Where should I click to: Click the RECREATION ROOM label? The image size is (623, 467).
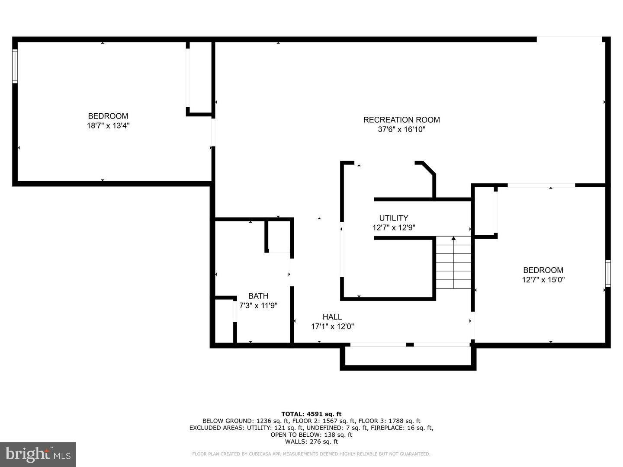[x=401, y=120]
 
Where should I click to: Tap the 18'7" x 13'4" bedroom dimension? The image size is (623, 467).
[x=108, y=126]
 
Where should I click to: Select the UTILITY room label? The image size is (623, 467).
[x=393, y=218]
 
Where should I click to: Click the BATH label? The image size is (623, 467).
[x=258, y=296]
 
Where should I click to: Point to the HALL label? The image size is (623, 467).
[x=332, y=317]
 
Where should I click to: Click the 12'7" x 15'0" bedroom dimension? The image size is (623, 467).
[x=543, y=280]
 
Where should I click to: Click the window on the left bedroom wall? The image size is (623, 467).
[x=15, y=66]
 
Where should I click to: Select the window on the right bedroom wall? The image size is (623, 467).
[x=607, y=273]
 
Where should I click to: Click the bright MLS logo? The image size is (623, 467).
[x=38, y=454]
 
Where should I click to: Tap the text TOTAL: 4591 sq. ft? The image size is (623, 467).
[x=311, y=414]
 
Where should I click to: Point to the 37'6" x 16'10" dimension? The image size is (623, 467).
[x=401, y=129]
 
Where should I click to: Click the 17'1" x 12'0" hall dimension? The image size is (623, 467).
[x=332, y=327]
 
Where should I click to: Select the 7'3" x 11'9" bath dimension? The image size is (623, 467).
[x=258, y=306]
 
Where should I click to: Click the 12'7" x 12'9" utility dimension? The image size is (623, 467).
[x=393, y=227]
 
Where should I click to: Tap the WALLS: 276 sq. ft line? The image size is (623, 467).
[x=311, y=441]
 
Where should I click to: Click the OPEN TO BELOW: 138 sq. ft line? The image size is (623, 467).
[x=311, y=435]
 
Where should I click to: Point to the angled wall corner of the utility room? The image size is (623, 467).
[x=428, y=168]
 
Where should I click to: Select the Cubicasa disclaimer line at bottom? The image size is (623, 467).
[x=311, y=454]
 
